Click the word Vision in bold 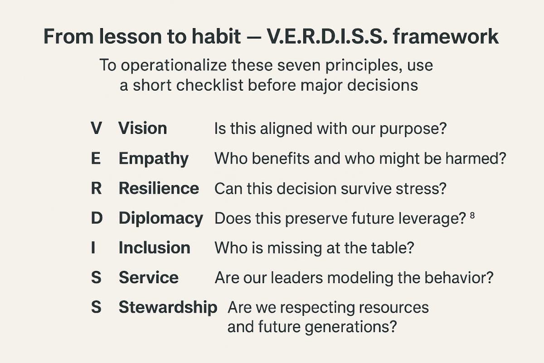(142, 128)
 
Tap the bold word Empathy (153, 159)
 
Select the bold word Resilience (159, 188)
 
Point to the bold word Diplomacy (160, 218)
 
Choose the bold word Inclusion (154, 248)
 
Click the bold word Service (148, 277)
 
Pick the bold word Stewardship (168, 307)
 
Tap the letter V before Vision (96, 128)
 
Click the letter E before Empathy (96, 159)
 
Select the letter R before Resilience (96, 188)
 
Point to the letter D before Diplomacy (97, 218)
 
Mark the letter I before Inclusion (93, 248)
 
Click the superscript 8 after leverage (472, 216)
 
